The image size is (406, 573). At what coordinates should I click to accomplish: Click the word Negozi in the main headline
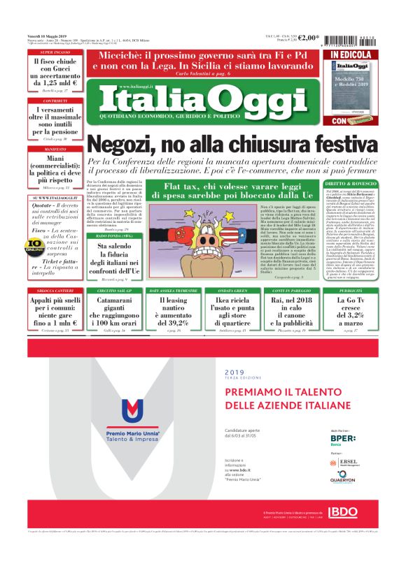click(124, 145)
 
